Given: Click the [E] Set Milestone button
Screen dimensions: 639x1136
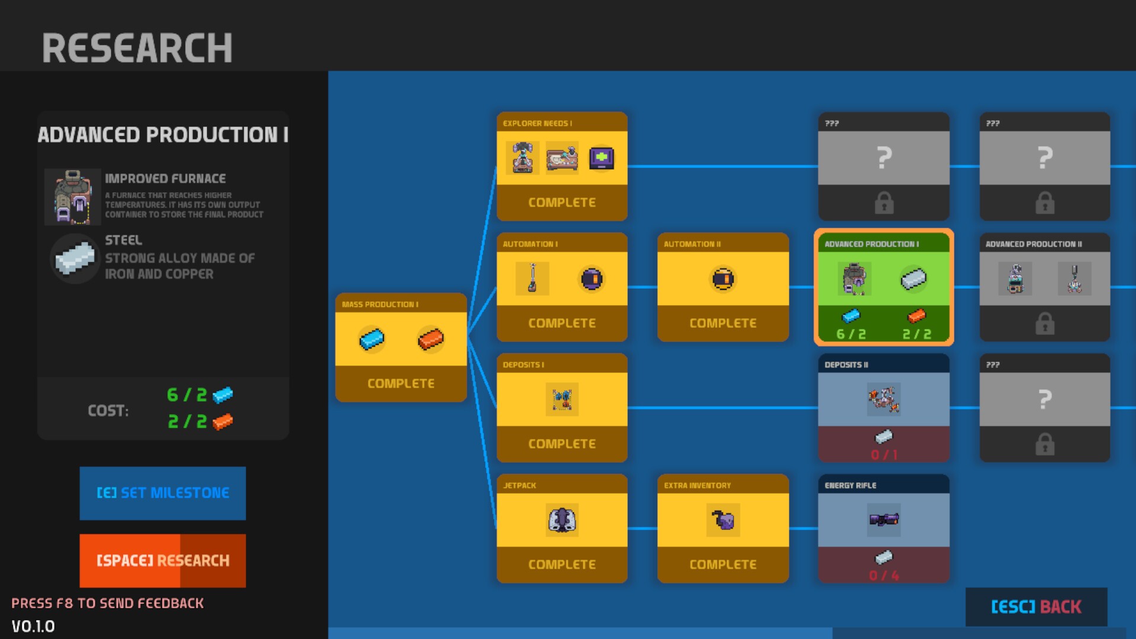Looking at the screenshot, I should [x=163, y=493].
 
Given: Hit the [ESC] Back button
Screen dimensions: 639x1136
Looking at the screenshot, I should [x=1036, y=606].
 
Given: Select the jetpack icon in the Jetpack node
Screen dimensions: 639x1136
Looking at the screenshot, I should [x=561, y=520].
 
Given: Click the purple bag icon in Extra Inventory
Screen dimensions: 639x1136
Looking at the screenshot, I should [x=723, y=520].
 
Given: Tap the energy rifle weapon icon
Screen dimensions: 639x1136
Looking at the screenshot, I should [x=884, y=519].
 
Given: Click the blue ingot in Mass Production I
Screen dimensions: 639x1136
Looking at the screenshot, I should [x=372, y=339].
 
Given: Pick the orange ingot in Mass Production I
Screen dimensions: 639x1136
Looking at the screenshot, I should [x=431, y=339].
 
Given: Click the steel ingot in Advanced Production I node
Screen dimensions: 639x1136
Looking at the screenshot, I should [x=914, y=279].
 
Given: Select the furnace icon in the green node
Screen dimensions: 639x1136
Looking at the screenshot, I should [x=854, y=279].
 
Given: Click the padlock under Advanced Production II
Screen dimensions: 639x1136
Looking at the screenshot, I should [x=1045, y=324].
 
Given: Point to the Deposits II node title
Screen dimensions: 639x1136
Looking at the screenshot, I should [x=847, y=364].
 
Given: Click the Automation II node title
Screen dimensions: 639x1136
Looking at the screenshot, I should [x=692, y=244].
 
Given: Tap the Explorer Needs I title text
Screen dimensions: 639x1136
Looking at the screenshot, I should [x=537, y=123].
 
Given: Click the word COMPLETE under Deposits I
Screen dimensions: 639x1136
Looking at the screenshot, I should [x=562, y=444].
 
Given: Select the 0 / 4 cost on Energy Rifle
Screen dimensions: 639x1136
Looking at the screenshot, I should [x=884, y=575].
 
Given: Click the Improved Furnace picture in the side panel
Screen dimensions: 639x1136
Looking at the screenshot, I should [x=72, y=197].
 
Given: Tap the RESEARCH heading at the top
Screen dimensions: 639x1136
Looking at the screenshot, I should [x=137, y=48].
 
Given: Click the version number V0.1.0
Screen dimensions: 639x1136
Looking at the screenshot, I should [x=33, y=626].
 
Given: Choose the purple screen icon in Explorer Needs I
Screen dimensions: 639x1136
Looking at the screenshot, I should [x=602, y=158].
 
